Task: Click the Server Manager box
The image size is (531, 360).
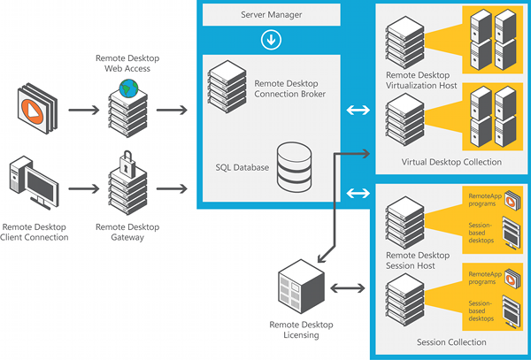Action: coord(272,14)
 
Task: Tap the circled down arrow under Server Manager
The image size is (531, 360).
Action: coord(271,40)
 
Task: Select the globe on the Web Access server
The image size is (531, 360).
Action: coord(128,88)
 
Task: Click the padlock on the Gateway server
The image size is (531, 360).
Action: coord(127,164)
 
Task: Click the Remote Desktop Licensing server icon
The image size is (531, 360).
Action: coord(301,287)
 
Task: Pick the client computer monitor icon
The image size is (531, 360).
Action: coord(34,182)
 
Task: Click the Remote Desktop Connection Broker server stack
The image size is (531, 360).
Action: coord(227,87)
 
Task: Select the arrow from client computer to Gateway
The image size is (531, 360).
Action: coord(84,188)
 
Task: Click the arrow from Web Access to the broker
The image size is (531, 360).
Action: coord(172,110)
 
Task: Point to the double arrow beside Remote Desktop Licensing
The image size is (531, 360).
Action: coord(348,288)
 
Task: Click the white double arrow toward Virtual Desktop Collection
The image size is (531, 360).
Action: coord(358,110)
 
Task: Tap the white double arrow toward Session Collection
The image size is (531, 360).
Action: coord(358,194)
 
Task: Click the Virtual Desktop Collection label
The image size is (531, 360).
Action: coord(451,162)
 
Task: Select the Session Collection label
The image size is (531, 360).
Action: coord(451,342)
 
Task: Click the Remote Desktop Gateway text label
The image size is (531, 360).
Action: coord(127,232)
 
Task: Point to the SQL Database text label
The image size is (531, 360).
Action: coord(242,167)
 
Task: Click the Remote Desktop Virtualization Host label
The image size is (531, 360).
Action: coord(421,80)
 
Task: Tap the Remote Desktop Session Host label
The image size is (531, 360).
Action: coord(418,261)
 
